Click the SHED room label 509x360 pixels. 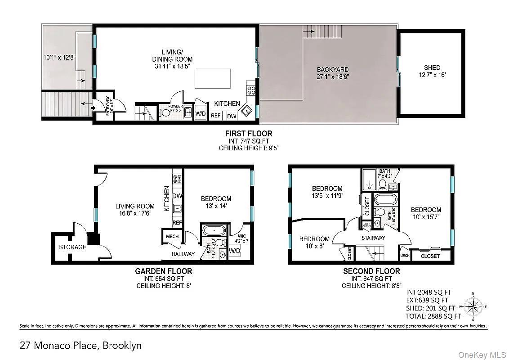432,68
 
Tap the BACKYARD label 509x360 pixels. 333,70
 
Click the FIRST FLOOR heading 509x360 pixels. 249,134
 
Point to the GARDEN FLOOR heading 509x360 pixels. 164,271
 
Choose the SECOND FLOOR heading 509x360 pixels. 371,271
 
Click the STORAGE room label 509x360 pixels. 72,247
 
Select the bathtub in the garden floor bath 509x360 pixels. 214,230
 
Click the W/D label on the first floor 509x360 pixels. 200,114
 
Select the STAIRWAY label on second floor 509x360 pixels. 373,238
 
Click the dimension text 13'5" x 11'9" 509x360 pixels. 327,196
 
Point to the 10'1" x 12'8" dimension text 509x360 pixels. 59,58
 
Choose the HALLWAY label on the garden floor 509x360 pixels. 183,254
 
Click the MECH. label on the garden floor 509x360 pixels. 173,236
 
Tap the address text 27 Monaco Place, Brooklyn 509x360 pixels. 80,346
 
